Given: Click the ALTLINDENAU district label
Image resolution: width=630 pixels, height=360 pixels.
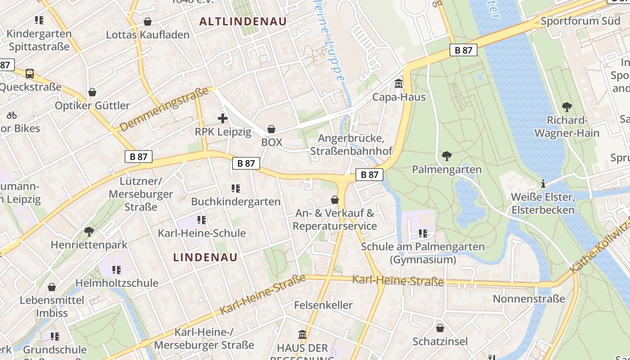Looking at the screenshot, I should click(x=243, y=22).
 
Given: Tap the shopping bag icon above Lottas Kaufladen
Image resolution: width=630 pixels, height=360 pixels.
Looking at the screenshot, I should click(x=148, y=22).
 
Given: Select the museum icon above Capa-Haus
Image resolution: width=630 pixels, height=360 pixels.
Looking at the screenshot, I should click(x=399, y=84).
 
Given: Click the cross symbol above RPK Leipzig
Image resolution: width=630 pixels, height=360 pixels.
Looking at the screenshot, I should click(x=223, y=118).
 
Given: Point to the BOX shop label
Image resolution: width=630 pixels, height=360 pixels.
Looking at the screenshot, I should click(x=272, y=142).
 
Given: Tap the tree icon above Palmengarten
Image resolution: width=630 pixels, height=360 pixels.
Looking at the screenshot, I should click(x=446, y=156).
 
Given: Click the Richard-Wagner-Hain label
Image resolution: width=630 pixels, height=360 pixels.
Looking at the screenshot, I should click(x=567, y=127).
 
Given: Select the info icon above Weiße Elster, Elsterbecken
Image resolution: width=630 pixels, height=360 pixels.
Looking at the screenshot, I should click(x=543, y=184).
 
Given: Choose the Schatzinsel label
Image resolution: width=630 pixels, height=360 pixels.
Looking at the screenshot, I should click(x=440, y=342).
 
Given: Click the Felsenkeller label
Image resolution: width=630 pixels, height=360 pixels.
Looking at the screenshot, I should click(x=323, y=305).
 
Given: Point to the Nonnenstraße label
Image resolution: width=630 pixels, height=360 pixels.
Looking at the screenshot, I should click(x=529, y=299).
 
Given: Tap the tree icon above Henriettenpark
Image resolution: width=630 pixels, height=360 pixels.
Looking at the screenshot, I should click(x=89, y=232).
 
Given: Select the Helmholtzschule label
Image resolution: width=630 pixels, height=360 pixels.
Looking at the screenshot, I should click(x=117, y=283).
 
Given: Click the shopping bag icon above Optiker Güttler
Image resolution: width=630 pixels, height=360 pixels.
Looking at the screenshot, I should click(x=92, y=92).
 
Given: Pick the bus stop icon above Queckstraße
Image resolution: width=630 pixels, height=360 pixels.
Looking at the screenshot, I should click(x=30, y=73).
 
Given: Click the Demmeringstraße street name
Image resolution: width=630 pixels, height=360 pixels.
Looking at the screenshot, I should click(x=164, y=109).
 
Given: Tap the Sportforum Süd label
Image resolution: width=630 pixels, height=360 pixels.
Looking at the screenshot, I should click(x=580, y=21).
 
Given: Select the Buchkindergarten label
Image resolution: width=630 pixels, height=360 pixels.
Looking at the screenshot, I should click(x=236, y=202).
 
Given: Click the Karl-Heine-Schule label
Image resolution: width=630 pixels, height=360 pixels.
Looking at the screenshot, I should click(x=202, y=233).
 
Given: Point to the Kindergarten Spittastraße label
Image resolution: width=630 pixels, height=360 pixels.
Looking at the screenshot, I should click(x=39, y=40).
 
